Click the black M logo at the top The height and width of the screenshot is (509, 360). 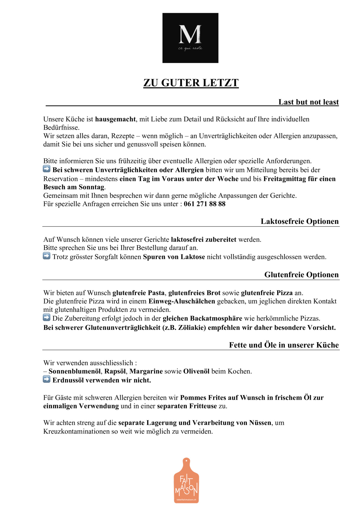(190, 38)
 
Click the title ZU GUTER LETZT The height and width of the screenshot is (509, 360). (191, 83)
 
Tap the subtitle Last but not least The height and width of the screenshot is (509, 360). (308, 102)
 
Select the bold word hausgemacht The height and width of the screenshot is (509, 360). (115, 119)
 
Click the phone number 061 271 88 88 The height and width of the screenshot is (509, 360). (204, 204)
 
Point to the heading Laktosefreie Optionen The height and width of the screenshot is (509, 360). (300, 221)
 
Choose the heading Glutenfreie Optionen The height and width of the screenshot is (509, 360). (301, 275)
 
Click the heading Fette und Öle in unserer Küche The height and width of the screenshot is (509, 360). (284, 345)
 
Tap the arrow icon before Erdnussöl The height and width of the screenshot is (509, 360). (47, 379)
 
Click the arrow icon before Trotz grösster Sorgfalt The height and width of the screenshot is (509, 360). (47, 256)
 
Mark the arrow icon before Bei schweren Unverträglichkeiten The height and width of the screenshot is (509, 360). (47, 169)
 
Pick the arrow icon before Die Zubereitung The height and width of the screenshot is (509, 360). (47, 318)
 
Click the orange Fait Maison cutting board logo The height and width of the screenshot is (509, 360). (186, 480)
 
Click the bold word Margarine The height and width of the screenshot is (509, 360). (146, 371)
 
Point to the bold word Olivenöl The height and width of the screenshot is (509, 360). (196, 371)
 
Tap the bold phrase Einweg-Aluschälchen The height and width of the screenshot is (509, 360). (182, 301)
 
